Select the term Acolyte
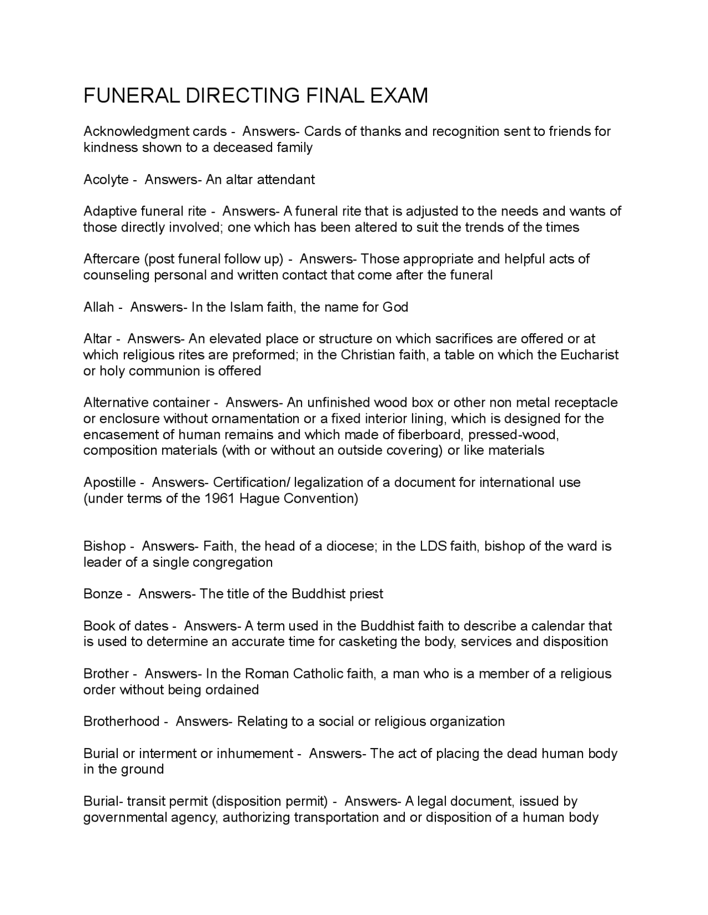(x=106, y=180)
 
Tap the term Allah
(x=98, y=307)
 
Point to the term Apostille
(x=110, y=482)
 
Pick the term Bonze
(x=103, y=594)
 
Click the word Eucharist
(x=589, y=355)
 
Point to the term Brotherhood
(x=122, y=722)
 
